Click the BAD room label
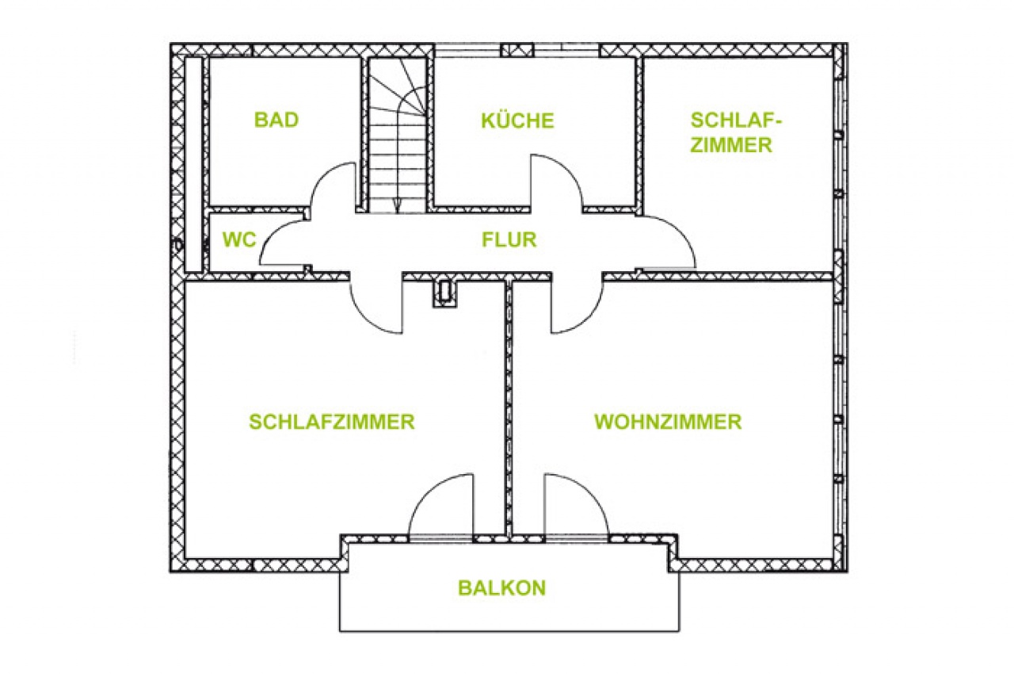coord(276,120)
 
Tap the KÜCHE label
coord(517,120)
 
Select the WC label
coord(239,239)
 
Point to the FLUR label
coord(509,239)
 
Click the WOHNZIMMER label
coord(668,422)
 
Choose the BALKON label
coord(502,588)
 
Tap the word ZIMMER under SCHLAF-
coord(731,145)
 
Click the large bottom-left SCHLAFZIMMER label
coord(332,422)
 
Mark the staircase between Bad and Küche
coord(397,135)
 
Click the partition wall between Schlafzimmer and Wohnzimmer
coord(509,407)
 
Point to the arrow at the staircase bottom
coord(397,207)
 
